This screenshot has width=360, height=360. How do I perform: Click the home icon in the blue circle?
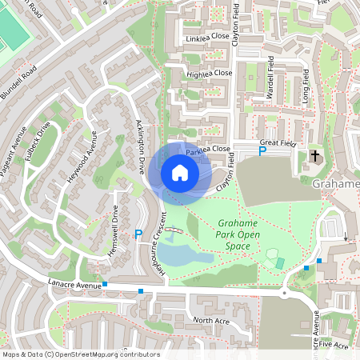pyautogui.click(x=179, y=172)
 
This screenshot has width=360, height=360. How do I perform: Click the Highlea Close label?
pyautogui.click(x=210, y=73)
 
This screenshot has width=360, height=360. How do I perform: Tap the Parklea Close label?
pyautogui.click(x=208, y=150)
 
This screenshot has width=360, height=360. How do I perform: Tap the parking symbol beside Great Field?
pyautogui.click(x=261, y=150)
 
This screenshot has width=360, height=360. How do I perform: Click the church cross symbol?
pyautogui.click(x=314, y=155)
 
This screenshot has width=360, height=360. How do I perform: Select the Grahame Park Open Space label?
pyautogui.click(x=239, y=234)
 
